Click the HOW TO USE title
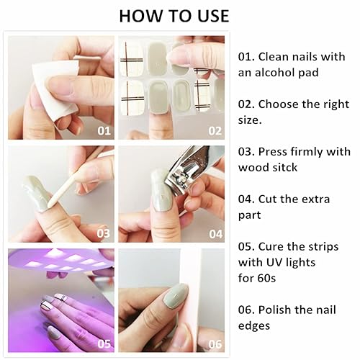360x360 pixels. click(x=174, y=16)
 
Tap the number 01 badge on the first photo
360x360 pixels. click(x=104, y=130)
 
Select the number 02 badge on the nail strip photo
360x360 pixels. click(x=215, y=130)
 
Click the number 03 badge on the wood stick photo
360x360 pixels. click(x=104, y=233)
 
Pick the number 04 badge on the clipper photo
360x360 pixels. click(x=215, y=233)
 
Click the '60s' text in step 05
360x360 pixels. click(x=269, y=277)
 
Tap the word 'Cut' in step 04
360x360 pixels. click(x=271, y=199)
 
